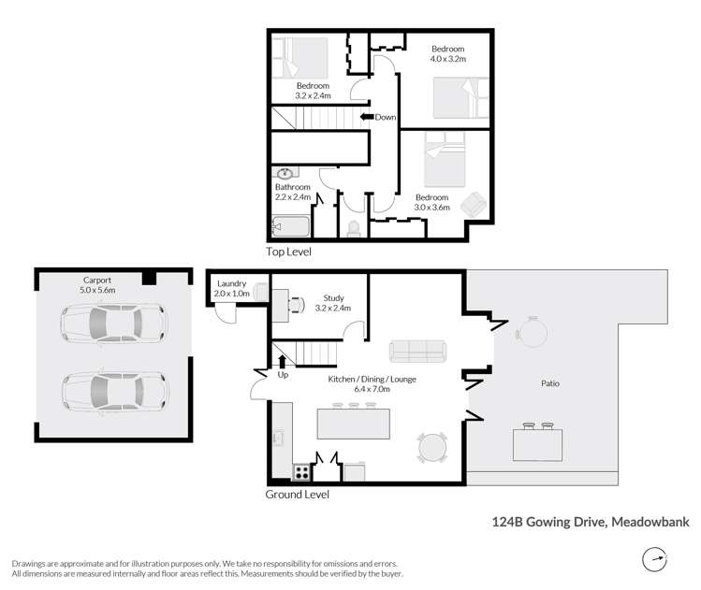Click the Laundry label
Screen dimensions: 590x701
(x=231, y=283)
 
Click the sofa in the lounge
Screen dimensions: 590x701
(x=417, y=351)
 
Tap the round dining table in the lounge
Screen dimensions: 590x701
(x=432, y=448)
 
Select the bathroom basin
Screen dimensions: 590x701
(x=285, y=174)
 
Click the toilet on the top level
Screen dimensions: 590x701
(x=353, y=227)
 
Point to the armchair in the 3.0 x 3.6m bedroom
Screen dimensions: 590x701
(x=475, y=205)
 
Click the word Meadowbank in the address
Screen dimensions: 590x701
(x=650, y=525)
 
